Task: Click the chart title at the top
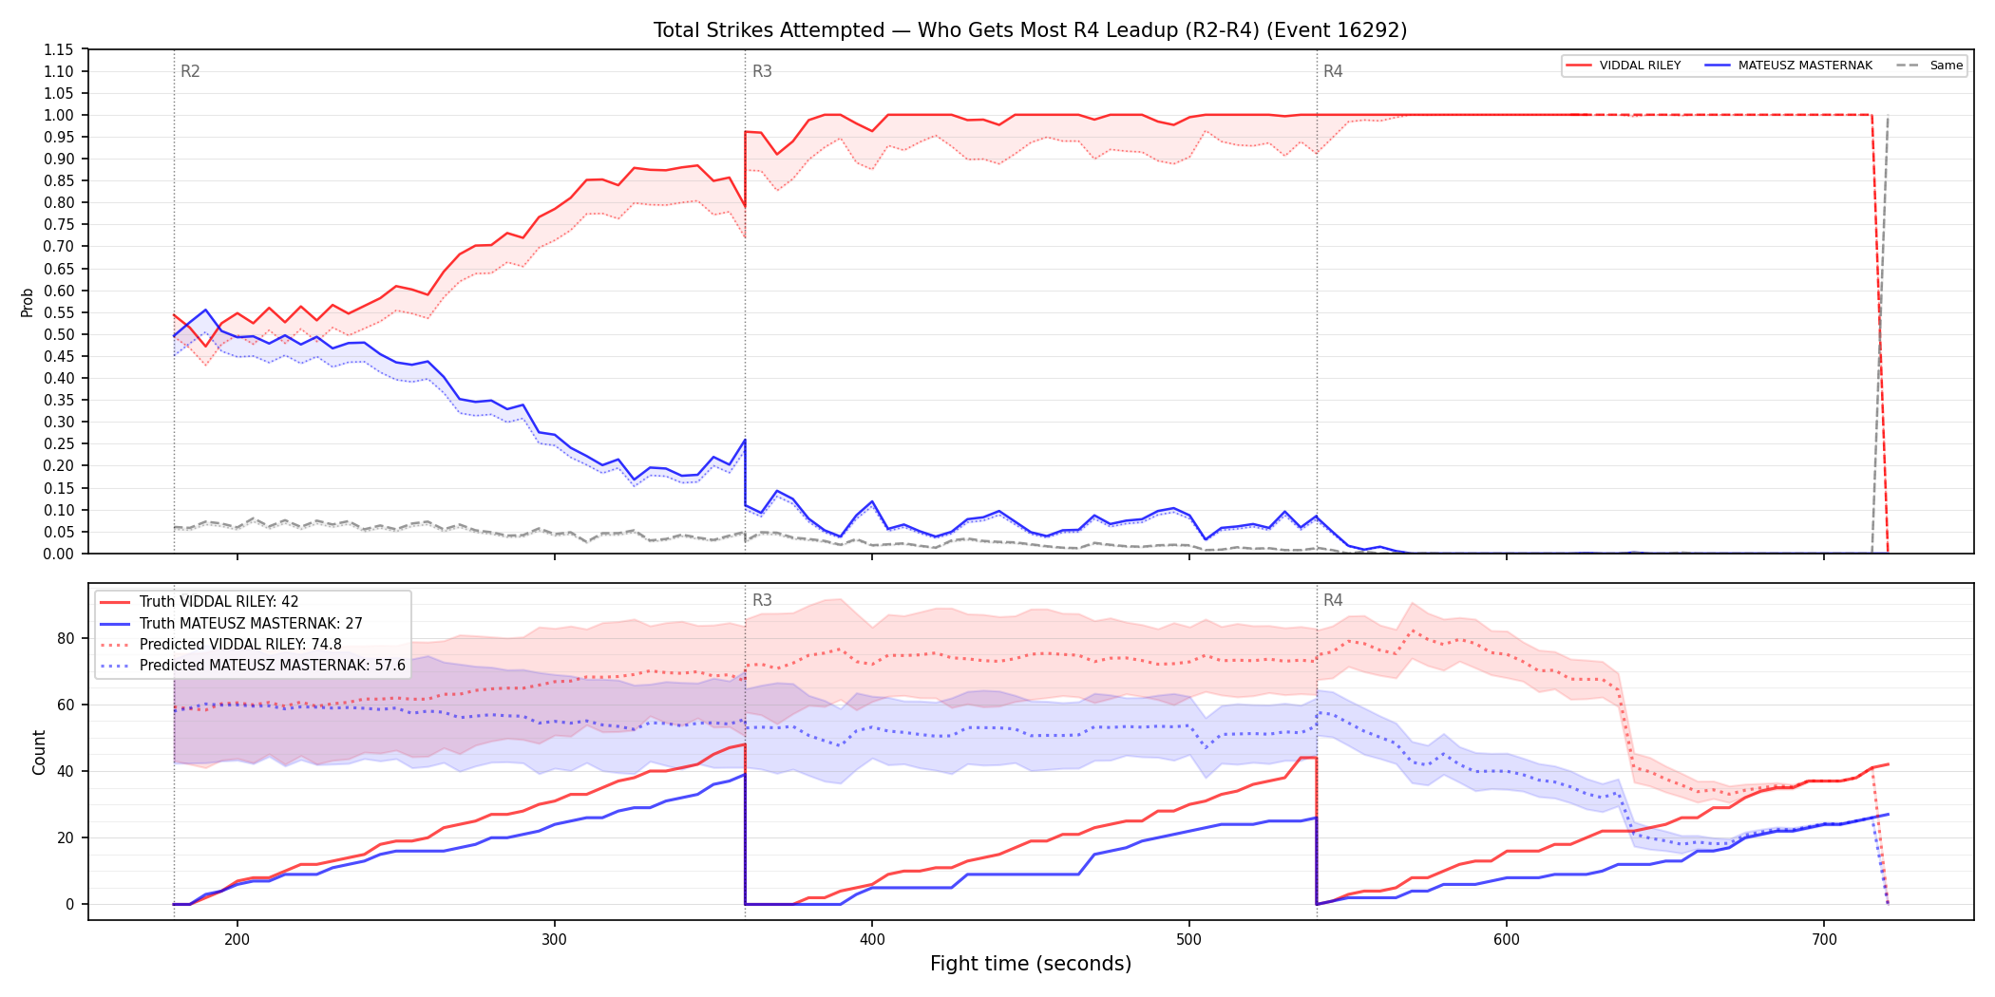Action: pyautogui.click(x=1030, y=30)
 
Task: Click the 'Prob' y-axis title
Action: pyautogui.click(x=28, y=302)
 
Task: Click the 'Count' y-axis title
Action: pyautogui.click(x=39, y=752)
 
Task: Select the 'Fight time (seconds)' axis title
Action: pyautogui.click(x=1031, y=964)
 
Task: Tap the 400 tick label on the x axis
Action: pyautogui.click(x=871, y=940)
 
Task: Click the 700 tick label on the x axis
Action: pyautogui.click(x=1824, y=940)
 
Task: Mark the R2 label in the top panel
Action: pyautogui.click(x=190, y=71)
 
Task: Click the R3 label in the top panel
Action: pyautogui.click(x=762, y=71)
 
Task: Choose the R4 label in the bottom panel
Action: pyautogui.click(x=1333, y=600)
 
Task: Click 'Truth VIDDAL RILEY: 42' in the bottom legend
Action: pyautogui.click(x=218, y=602)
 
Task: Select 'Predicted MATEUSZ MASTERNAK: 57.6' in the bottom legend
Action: pyautogui.click(x=273, y=666)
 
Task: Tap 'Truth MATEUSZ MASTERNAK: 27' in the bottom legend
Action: pyautogui.click(x=251, y=624)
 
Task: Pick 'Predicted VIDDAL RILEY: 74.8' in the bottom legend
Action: pyautogui.click(x=240, y=645)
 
